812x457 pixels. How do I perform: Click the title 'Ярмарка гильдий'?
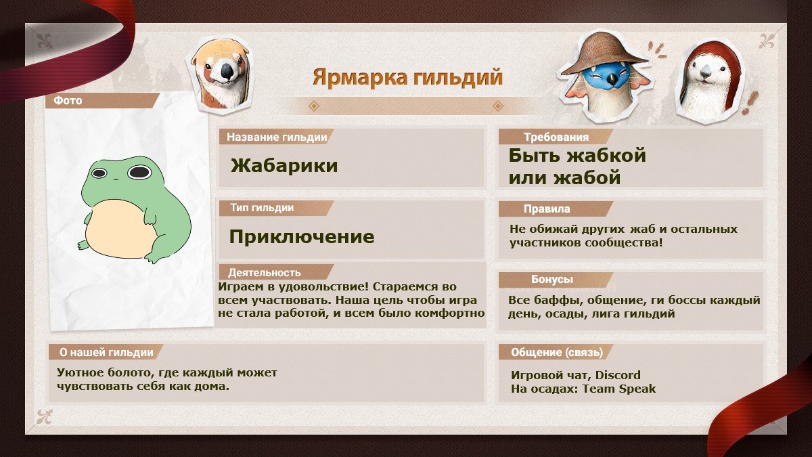point(407,78)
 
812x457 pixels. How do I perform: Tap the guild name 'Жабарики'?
point(284,166)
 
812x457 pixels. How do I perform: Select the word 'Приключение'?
point(302,236)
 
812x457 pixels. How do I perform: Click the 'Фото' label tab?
point(68,100)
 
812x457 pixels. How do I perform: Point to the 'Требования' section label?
point(556,137)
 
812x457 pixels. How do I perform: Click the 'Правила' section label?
point(547,209)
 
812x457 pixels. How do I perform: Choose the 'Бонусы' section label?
point(552,279)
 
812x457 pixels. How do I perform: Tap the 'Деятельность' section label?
point(265,273)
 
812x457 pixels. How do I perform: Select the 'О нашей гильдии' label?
point(106,352)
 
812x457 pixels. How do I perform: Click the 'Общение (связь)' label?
point(557,352)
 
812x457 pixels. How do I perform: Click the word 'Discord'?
point(618,375)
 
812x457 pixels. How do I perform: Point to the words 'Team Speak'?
point(619,389)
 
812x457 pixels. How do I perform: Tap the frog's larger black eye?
point(139,172)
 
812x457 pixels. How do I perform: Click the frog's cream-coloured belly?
point(120,230)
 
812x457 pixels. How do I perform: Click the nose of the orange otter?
point(227,72)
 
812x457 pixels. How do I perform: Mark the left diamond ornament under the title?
point(313,106)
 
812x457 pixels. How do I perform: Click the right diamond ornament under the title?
point(498,106)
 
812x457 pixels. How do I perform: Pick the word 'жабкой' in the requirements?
point(606,156)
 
